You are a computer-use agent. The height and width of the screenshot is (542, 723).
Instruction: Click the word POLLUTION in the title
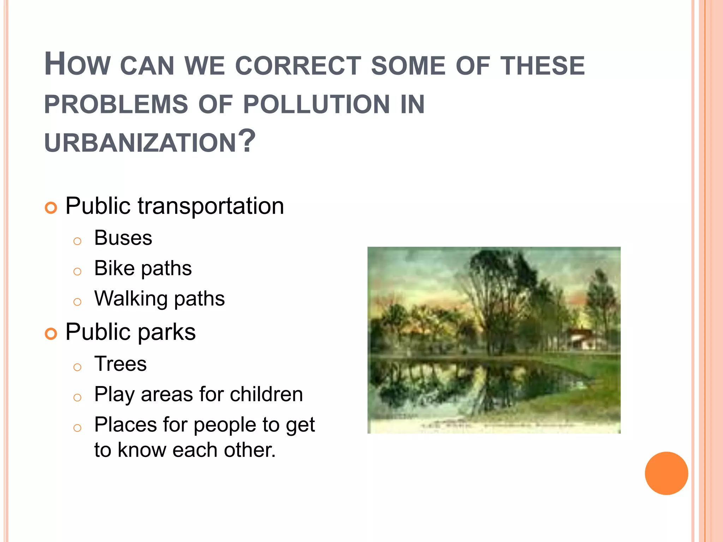coord(316,104)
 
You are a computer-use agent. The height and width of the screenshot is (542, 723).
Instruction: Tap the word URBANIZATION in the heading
coord(140,143)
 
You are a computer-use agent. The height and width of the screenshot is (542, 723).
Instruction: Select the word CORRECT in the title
coord(298,66)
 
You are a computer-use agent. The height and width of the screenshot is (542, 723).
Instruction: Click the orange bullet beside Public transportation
coord(51,208)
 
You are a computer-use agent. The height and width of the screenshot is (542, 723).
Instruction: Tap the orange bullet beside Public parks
coord(51,333)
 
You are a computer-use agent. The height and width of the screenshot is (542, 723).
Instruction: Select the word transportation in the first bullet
coord(211,206)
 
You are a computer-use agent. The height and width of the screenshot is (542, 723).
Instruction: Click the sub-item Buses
coord(123,238)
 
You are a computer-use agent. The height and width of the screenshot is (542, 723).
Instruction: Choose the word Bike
coord(114,268)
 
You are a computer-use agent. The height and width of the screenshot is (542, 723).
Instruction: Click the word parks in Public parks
coord(166,332)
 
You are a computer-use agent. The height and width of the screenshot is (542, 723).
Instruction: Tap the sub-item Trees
coord(120,364)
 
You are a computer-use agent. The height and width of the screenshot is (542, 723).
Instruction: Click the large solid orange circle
coord(666,473)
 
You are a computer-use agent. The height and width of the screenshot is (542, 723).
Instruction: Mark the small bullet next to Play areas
coord(77,398)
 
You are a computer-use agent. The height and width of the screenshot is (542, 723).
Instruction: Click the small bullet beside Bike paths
coord(77,272)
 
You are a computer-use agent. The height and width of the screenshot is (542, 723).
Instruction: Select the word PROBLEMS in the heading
coord(116,104)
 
